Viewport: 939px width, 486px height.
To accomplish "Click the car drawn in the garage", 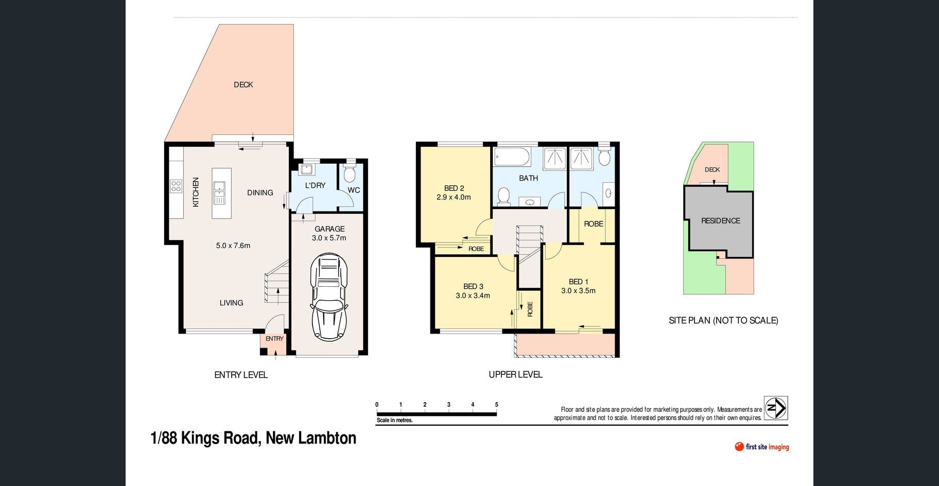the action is pyautogui.click(x=329, y=297).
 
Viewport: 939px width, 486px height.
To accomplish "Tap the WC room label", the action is pyautogui.click(x=354, y=190).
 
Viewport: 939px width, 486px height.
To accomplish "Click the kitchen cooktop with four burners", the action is pyautogui.click(x=176, y=186).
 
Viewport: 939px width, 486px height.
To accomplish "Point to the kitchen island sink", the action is pyautogui.click(x=219, y=193).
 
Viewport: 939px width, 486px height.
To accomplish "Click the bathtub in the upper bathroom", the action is pyautogui.click(x=512, y=157).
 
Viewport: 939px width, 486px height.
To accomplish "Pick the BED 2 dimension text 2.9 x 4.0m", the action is pyautogui.click(x=454, y=197).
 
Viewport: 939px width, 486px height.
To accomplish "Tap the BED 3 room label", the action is pyautogui.click(x=473, y=287).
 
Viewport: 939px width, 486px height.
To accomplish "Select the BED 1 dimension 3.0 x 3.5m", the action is pyautogui.click(x=578, y=291).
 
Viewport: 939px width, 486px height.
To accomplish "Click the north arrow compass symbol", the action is pyautogui.click(x=776, y=408).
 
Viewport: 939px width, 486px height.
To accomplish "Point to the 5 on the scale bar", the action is pyautogui.click(x=497, y=405).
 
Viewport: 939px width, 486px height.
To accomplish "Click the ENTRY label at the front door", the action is pyautogui.click(x=274, y=339).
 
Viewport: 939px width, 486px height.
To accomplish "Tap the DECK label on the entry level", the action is pyautogui.click(x=243, y=84).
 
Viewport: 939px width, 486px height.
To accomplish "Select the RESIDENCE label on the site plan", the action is pyautogui.click(x=721, y=221).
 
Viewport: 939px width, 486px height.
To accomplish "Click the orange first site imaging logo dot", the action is pyautogui.click(x=739, y=446).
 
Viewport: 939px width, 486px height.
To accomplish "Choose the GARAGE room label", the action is pyautogui.click(x=329, y=229).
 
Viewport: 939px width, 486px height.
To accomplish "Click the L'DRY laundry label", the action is pyautogui.click(x=315, y=185).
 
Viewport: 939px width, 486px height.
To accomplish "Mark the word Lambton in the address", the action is pyautogui.click(x=331, y=438).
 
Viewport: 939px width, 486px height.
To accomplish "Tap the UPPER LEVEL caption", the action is pyautogui.click(x=515, y=375).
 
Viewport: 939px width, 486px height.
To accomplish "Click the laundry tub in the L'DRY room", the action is pyautogui.click(x=307, y=169).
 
